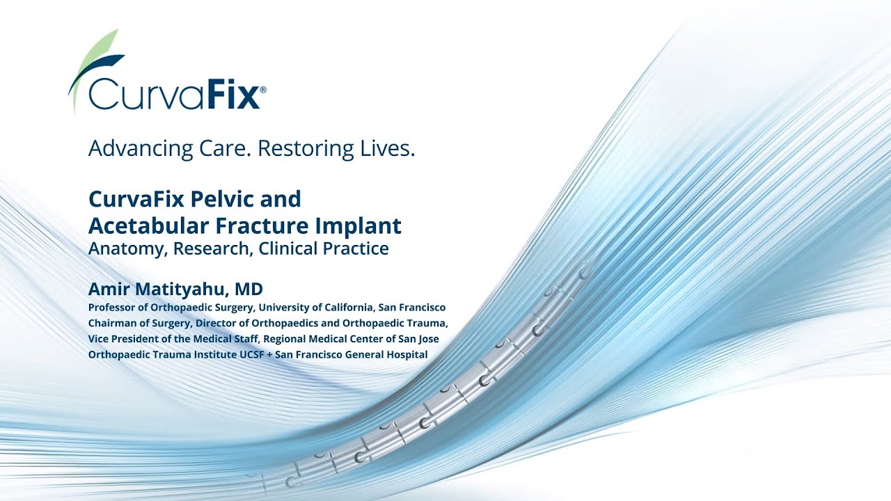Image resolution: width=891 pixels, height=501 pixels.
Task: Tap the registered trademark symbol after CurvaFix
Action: [x=262, y=90]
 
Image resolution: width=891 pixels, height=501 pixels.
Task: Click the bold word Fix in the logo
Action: [x=232, y=95]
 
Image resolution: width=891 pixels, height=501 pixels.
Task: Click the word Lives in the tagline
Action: [x=387, y=148]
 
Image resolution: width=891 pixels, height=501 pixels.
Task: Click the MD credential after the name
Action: [x=249, y=289]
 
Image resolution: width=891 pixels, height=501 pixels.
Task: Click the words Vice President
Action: [x=126, y=339]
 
